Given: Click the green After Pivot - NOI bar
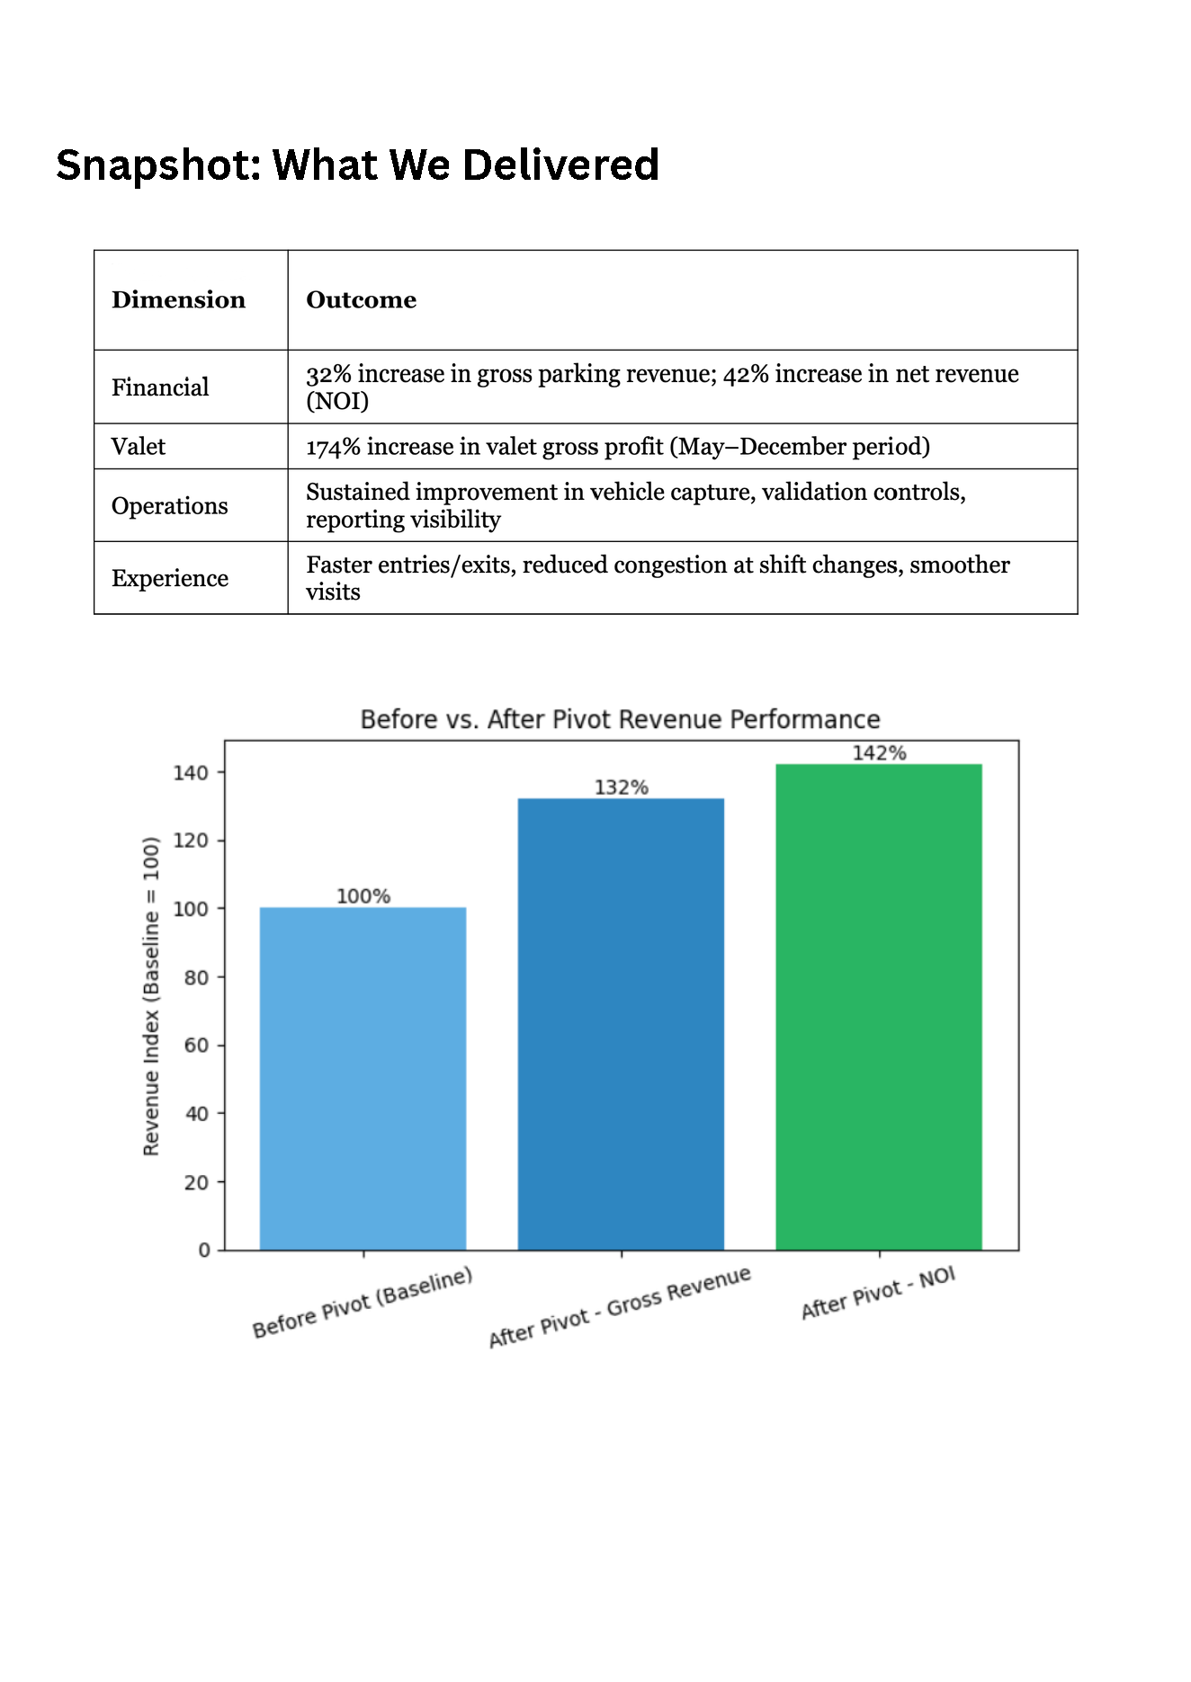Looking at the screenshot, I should coord(878,1007).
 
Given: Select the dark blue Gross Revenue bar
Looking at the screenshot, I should coord(621,1024).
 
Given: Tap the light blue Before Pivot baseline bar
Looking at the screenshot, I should coord(363,1078).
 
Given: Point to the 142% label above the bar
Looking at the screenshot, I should coord(879,753).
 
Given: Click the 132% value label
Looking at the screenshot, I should coord(621,788).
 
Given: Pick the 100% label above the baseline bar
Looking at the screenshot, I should coord(363,896).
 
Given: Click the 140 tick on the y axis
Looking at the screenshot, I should coord(191,773).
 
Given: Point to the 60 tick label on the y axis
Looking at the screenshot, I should coord(196,1046).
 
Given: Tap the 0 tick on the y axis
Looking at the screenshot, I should coord(204,1250).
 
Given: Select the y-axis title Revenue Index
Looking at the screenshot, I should coord(151,996).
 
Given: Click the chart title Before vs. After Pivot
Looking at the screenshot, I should coord(620,719).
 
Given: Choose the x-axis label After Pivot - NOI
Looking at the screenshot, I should coord(878,1294).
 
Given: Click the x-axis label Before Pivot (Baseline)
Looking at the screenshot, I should coord(363,1303).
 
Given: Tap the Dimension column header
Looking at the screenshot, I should coord(178,300).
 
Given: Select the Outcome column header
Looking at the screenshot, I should coord(361,300).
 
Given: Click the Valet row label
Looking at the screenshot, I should coord(139,447).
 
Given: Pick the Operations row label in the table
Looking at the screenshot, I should coord(170,506).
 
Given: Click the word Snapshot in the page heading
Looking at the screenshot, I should coord(157,165).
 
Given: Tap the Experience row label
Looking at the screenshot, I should coord(170,578).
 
